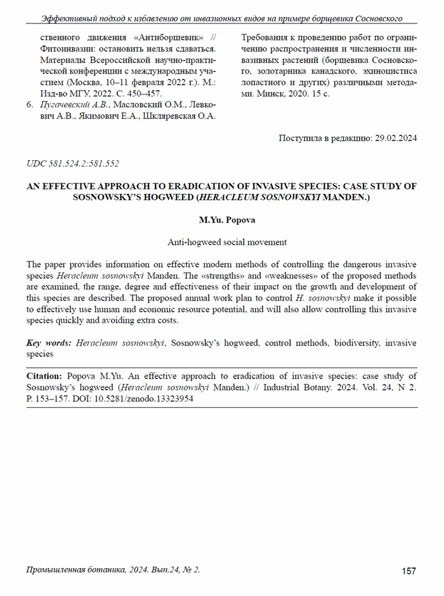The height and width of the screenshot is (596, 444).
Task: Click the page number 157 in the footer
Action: tap(409, 571)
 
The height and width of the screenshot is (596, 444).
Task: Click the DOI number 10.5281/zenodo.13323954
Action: tap(145, 399)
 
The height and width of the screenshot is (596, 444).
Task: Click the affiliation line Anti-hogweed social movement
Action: tap(222, 242)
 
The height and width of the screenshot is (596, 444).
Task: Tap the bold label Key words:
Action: tap(49, 343)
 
